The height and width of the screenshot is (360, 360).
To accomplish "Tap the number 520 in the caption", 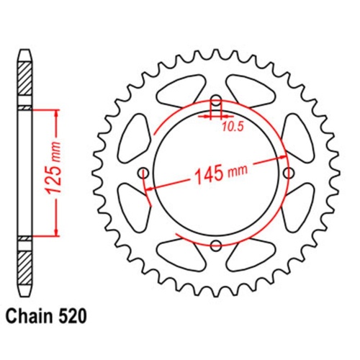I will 76,315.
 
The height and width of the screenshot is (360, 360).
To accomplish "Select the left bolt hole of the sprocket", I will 143,173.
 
